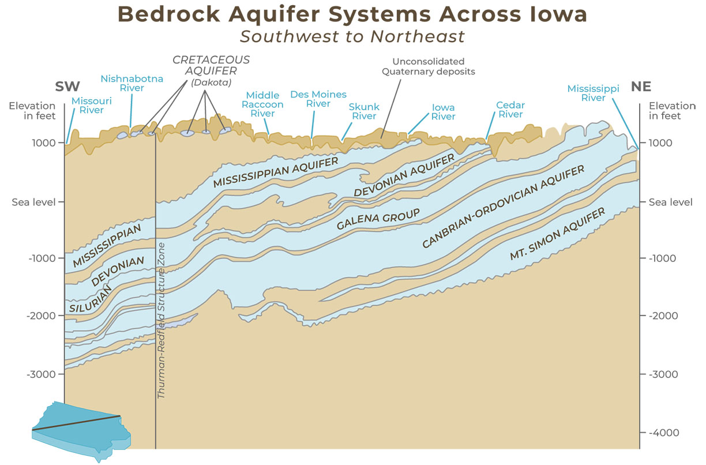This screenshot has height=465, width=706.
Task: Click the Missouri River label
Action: coord(88,106)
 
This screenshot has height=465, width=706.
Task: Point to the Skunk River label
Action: coord(364,111)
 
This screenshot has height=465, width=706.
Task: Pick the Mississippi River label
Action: coord(593,93)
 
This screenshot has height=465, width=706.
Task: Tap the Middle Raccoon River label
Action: coord(262,104)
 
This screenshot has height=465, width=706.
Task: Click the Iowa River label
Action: coord(443,112)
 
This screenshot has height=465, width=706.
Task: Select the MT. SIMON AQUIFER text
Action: coord(557,235)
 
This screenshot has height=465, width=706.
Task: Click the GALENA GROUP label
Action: coord(378,219)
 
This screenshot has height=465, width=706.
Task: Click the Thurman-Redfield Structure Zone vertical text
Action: coord(162,321)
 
